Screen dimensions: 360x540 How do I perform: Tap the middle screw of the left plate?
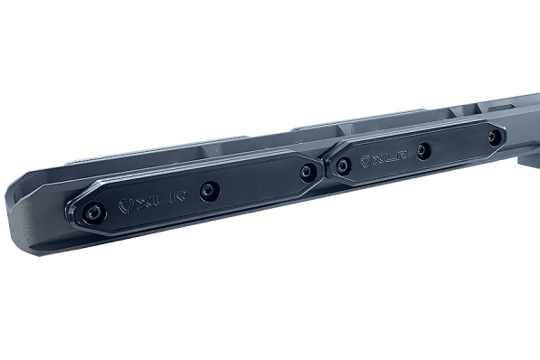pyautogui.click(x=209, y=190)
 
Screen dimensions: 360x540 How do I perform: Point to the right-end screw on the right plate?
pyautogui.click(x=493, y=137)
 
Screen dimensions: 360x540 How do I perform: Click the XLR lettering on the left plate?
pyautogui.click(x=153, y=201)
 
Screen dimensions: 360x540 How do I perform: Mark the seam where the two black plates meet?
pyautogui.click(x=325, y=167)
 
